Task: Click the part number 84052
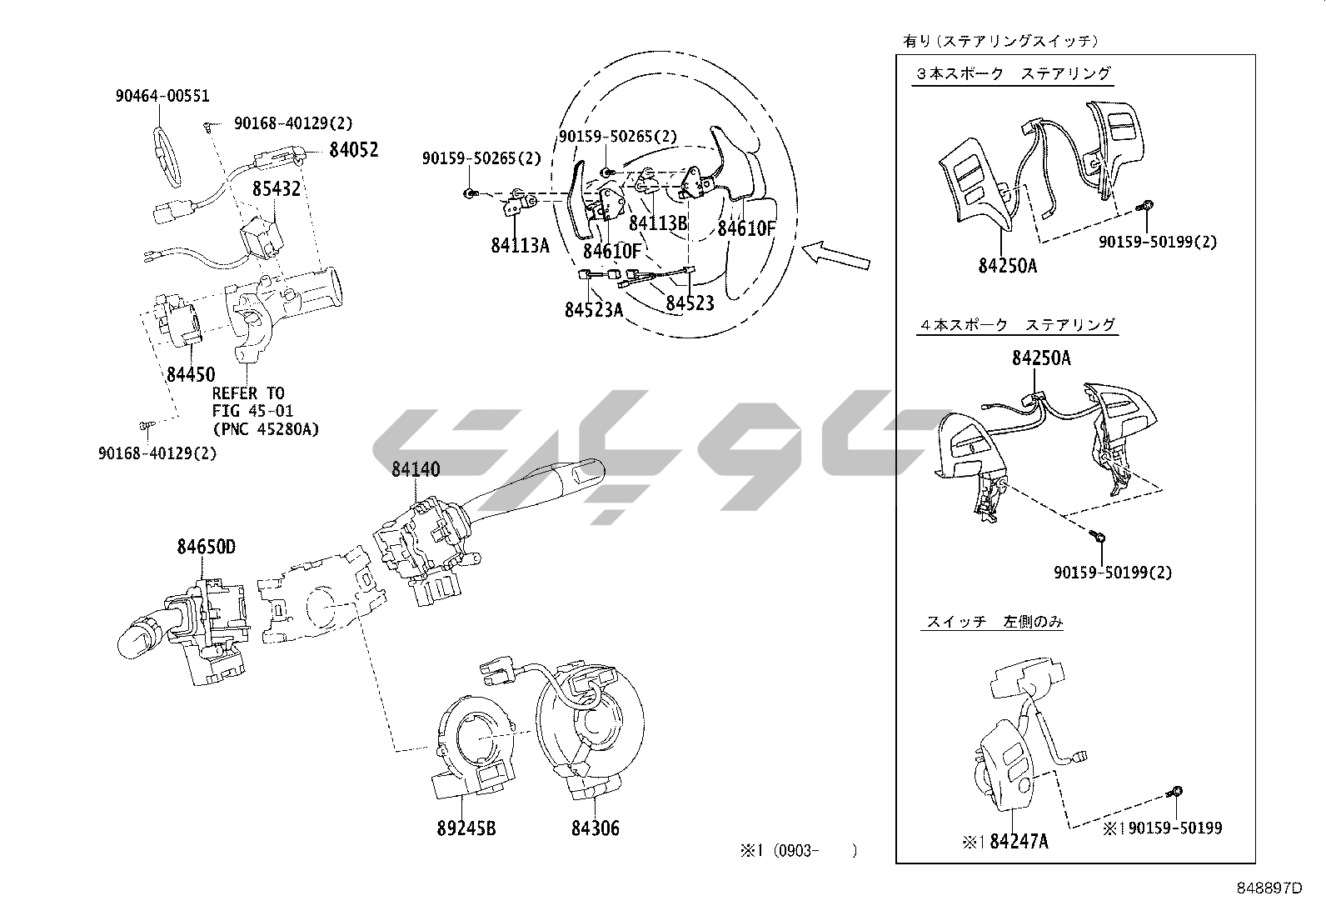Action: (x=353, y=150)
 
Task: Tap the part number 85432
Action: (x=277, y=189)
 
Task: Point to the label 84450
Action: (x=191, y=375)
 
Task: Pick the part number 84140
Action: (x=416, y=470)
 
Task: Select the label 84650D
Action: (x=206, y=548)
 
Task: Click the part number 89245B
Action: (x=466, y=828)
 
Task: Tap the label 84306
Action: (x=596, y=828)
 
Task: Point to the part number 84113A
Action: (x=520, y=246)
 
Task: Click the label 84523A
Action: (x=593, y=310)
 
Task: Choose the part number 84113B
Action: (x=658, y=223)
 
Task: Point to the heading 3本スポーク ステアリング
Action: (x=1013, y=73)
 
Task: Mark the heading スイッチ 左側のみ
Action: (x=994, y=622)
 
